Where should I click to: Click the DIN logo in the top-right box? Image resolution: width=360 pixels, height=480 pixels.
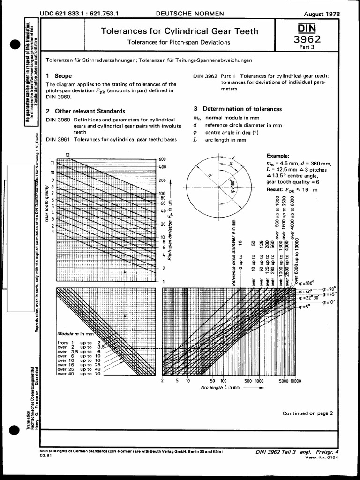[x=313, y=30]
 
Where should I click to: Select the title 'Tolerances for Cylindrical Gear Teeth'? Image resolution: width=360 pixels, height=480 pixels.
[x=180, y=31]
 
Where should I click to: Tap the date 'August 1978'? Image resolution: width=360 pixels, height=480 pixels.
[x=322, y=14]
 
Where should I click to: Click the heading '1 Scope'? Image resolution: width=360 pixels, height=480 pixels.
[x=59, y=75]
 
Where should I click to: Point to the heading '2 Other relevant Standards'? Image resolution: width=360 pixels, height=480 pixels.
[x=86, y=111]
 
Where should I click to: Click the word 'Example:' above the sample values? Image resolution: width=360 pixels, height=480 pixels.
[x=278, y=156]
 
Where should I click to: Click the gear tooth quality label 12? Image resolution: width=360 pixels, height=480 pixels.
[x=67, y=155]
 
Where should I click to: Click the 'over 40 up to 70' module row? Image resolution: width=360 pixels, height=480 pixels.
[x=75, y=374]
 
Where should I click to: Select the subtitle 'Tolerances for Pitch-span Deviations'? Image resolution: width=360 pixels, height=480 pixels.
[x=179, y=42]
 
